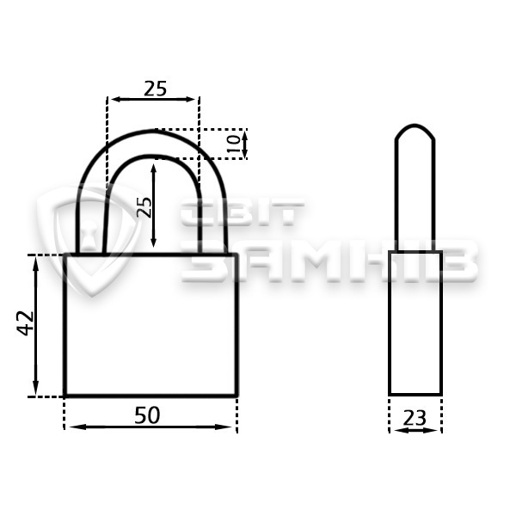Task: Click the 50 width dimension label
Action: point(147,415)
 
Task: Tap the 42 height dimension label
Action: point(25,323)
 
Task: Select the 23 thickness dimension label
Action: point(415,418)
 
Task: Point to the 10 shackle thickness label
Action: point(234,144)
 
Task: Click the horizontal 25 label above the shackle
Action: point(156,89)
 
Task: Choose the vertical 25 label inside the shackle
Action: point(144,207)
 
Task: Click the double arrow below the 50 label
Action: point(150,427)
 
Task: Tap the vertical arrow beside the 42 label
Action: point(36,325)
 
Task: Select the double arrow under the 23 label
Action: point(415,430)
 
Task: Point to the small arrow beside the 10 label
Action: point(244,144)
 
